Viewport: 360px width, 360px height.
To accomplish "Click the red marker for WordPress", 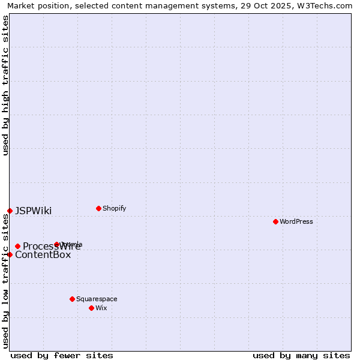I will [275, 221].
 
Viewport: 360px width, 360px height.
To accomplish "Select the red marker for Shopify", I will [98, 208].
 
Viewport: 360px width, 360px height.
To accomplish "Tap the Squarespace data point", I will [72, 299].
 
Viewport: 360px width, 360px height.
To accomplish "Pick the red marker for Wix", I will [91, 308].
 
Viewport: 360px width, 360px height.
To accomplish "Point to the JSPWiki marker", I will [10, 211].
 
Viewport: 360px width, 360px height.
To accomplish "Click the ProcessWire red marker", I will [17, 246].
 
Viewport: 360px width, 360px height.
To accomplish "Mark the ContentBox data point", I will [10, 254].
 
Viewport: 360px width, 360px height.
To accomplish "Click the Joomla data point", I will [56, 244].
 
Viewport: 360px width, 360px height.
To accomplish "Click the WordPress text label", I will [296, 221].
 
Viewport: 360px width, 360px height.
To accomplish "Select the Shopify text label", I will [114, 208].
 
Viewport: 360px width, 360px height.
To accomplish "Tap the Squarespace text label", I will [97, 299].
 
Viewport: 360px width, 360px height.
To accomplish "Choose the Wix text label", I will [101, 308].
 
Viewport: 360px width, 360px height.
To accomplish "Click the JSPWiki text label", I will [33, 211].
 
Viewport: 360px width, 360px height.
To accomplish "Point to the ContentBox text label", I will [43, 254].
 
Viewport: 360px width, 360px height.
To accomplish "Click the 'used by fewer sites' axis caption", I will [62, 355].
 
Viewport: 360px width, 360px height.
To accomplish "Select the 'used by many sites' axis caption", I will [301, 355].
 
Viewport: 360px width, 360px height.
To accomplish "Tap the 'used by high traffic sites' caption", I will [5, 85].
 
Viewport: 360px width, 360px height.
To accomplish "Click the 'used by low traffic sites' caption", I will [5, 281].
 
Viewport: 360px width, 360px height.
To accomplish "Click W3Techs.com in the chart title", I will [325, 5].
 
